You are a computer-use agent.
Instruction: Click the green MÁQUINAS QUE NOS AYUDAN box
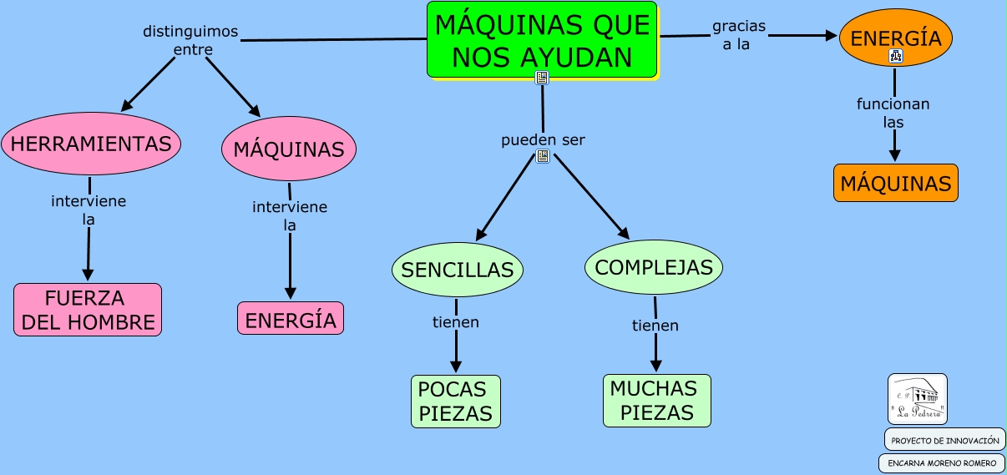pyautogui.click(x=542, y=39)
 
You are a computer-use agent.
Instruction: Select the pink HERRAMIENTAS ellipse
pyautogui.click(x=91, y=144)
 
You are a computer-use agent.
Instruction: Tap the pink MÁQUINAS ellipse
pyautogui.click(x=289, y=149)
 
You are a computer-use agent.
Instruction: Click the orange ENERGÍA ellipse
pyautogui.click(x=895, y=38)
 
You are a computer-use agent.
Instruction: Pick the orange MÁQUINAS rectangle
pyautogui.click(x=895, y=183)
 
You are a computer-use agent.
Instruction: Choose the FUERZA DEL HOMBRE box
pyautogui.click(x=88, y=310)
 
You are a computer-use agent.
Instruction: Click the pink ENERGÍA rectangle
pyautogui.click(x=291, y=319)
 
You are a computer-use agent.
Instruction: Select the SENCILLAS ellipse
pyautogui.click(x=457, y=270)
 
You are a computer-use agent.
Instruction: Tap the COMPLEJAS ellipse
pyautogui.click(x=654, y=267)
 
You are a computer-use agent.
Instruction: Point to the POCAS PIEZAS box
pyautogui.click(x=455, y=401)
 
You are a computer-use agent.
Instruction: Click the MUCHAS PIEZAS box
pyautogui.click(x=656, y=401)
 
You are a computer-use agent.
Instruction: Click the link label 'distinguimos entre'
pyautogui.click(x=191, y=40)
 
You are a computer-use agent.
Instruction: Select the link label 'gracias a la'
pyautogui.click(x=738, y=35)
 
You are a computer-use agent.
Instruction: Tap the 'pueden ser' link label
pyautogui.click(x=543, y=139)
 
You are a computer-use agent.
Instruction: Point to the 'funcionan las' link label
pyautogui.click(x=893, y=113)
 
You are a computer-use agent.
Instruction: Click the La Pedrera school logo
pyautogui.click(x=917, y=398)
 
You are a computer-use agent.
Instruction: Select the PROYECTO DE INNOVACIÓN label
pyautogui.click(x=944, y=440)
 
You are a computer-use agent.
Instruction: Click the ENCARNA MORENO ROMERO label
pyautogui.click(x=942, y=463)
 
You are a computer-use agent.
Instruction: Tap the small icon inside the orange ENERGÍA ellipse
pyautogui.click(x=896, y=57)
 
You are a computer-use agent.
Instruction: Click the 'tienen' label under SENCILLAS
pyautogui.click(x=456, y=321)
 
